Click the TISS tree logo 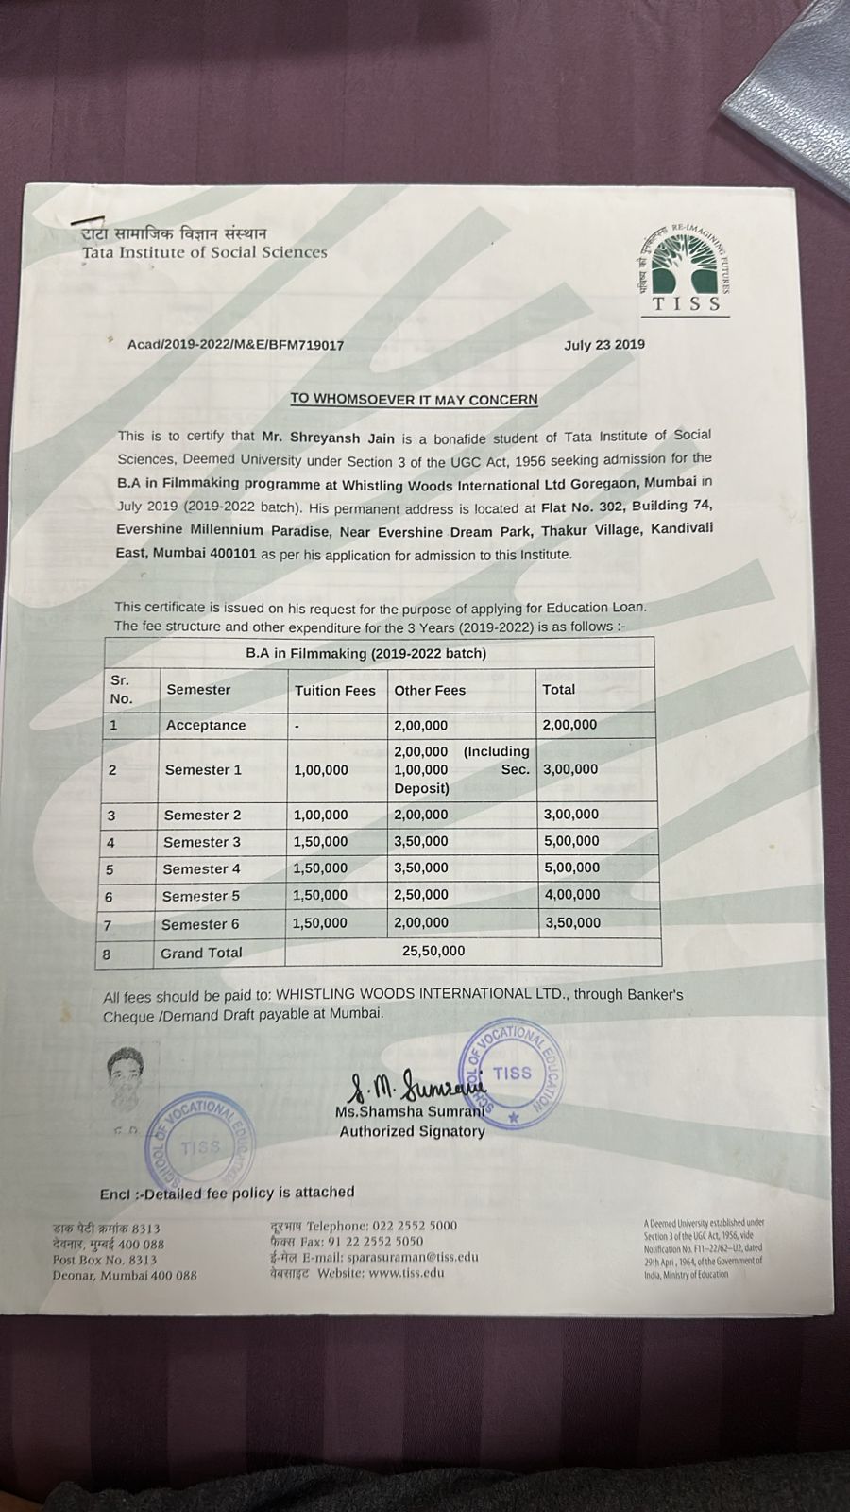pyautogui.click(x=687, y=266)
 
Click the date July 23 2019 pyautogui.click(x=604, y=344)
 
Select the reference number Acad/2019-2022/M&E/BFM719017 pyautogui.click(x=235, y=345)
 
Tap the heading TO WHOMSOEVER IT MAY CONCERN pyautogui.click(x=414, y=399)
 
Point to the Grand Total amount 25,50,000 pyautogui.click(x=433, y=951)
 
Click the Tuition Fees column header pyautogui.click(x=334, y=690)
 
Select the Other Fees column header pyautogui.click(x=430, y=690)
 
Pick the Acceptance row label pyautogui.click(x=206, y=725)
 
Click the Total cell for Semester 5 pyautogui.click(x=571, y=894)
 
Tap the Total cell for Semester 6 pyautogui.click(x=571, y=922)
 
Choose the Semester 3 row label pyautogui.click(x=202, y=841)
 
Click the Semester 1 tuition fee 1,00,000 pyautogui.click(x=321, y=770)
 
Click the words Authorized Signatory pyautogui.click(x=412, y=1131)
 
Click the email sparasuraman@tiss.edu pyautogui.click(x=412, y=1257)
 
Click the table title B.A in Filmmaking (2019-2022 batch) pyautogui.click(x=366, y=653)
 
